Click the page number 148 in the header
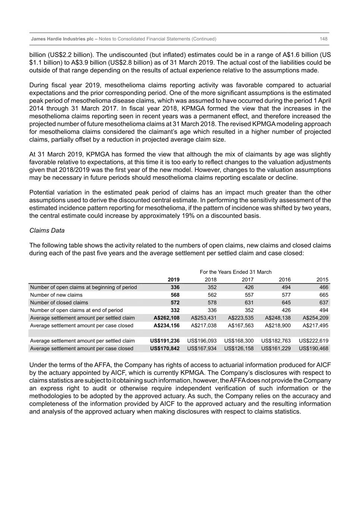coord(323,39)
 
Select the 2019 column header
coord(173,280)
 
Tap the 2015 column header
coord(322,280)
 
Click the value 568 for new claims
coord(175,295)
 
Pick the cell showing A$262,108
coord(166,318)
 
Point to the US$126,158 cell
coord(239,348)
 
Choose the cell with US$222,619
coord(313,341)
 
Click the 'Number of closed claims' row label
coord(59,303)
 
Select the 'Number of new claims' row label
coord(56,295)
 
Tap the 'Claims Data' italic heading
coord(47,230)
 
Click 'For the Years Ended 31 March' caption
coord(235,272)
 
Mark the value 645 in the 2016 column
coord(286,303)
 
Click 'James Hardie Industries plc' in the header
coord(62,39)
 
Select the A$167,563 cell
coord(241,326)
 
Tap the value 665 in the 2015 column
coord(323,295)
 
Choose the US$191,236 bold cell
coord(165,341)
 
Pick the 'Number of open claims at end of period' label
coord(76,310)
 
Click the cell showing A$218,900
coord(278,326)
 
